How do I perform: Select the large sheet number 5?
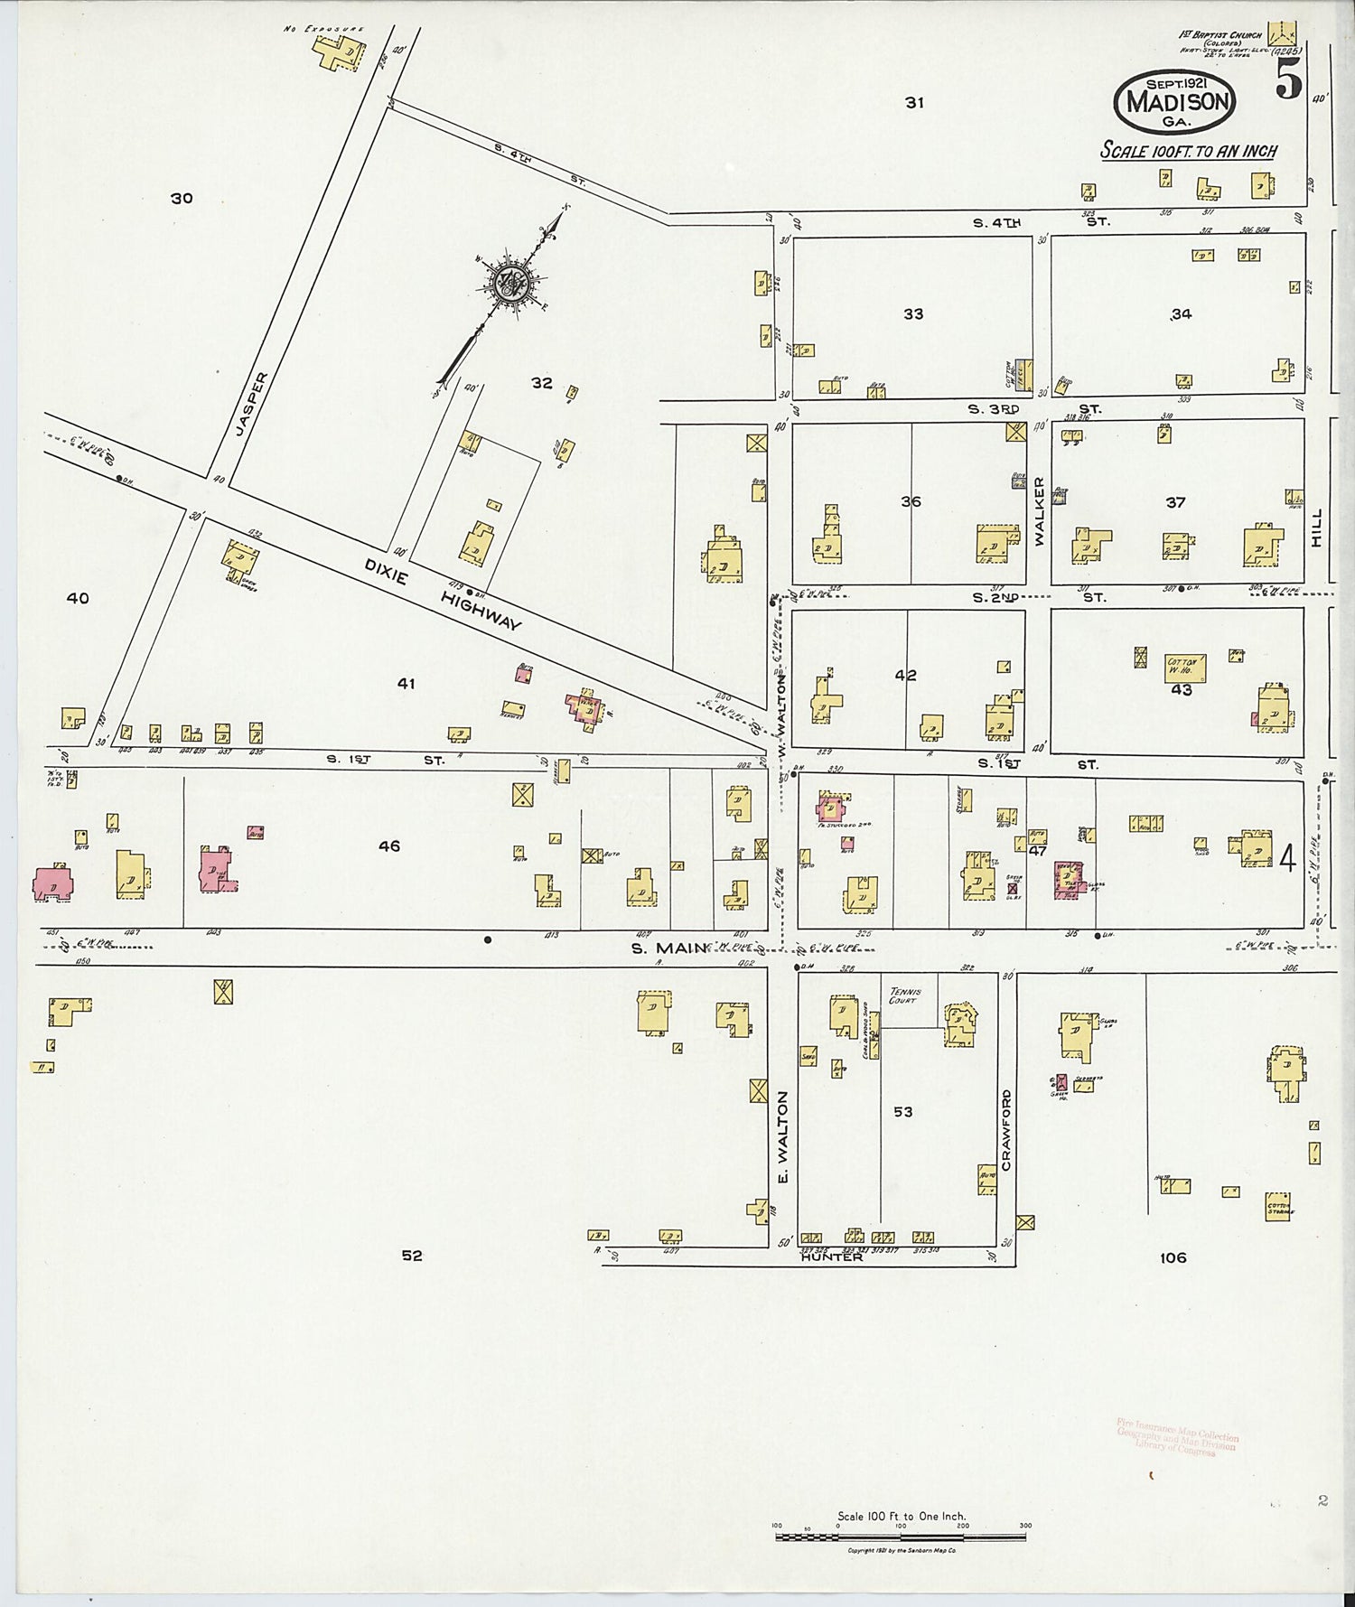click(1288, 82)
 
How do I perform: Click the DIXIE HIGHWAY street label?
click(443, 593)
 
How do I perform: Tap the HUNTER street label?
click(831, 1257)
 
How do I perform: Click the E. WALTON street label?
click(782, 1137)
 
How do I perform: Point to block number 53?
click(903, 1112)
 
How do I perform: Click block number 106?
click(1173, 1257)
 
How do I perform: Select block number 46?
click(389, 846)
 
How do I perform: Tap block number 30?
click(182, 198)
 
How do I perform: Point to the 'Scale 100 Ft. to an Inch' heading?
click(1187, 151)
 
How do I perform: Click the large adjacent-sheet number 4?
click(1287, 859)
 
